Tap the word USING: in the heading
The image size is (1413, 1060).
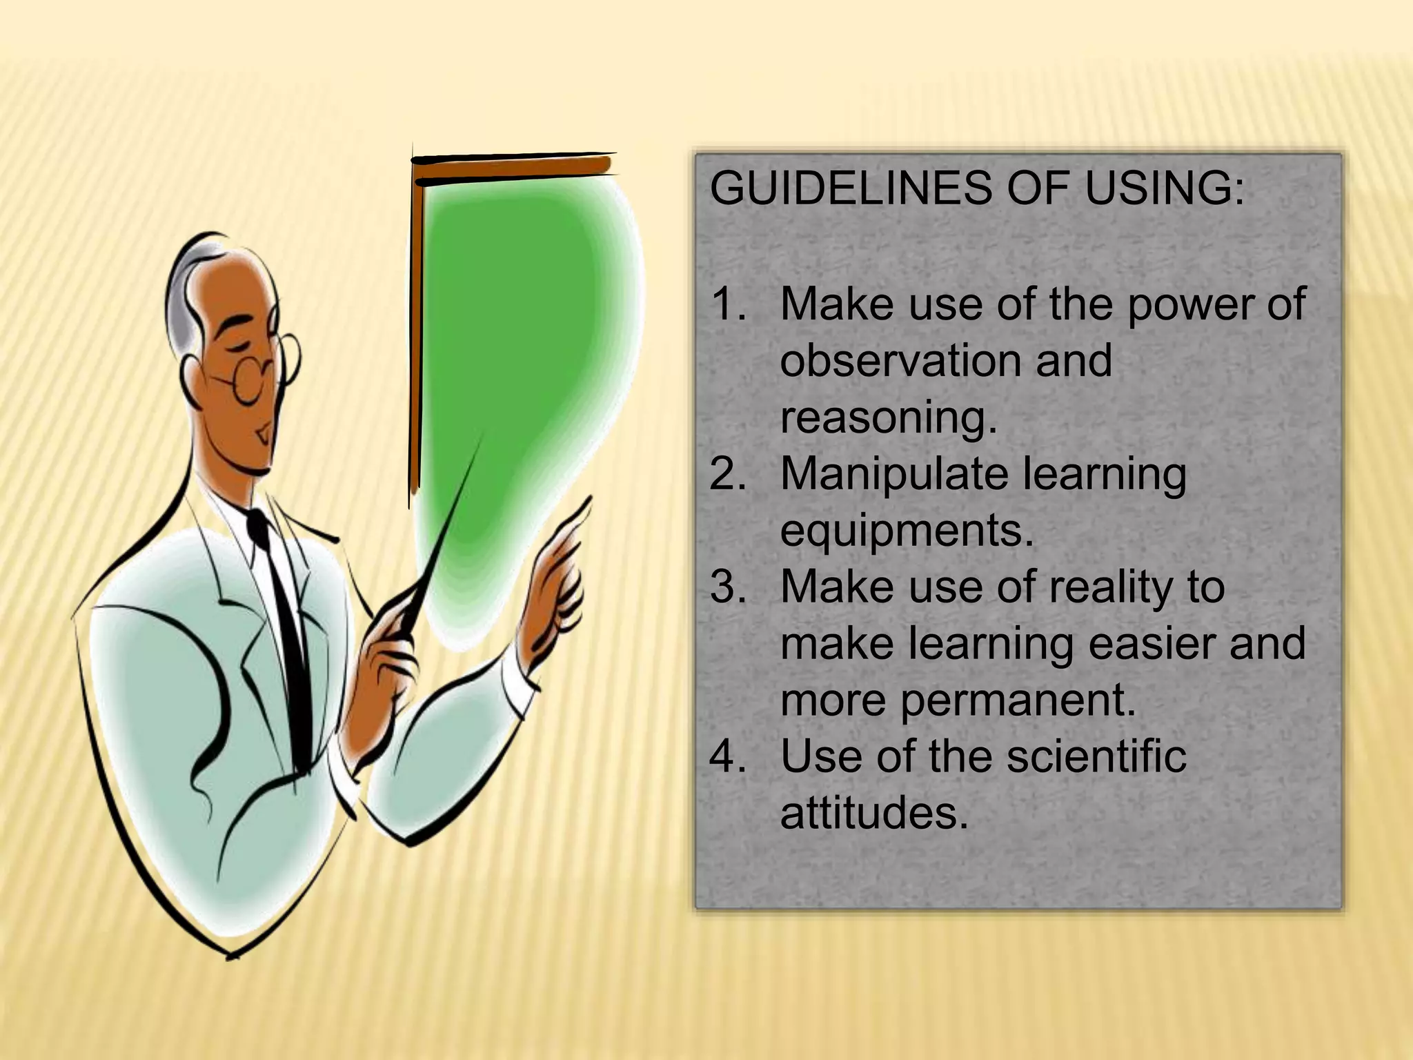pos(1164,188)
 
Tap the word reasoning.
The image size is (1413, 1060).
pos(889,418)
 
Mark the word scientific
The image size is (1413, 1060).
pos(1096,757)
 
